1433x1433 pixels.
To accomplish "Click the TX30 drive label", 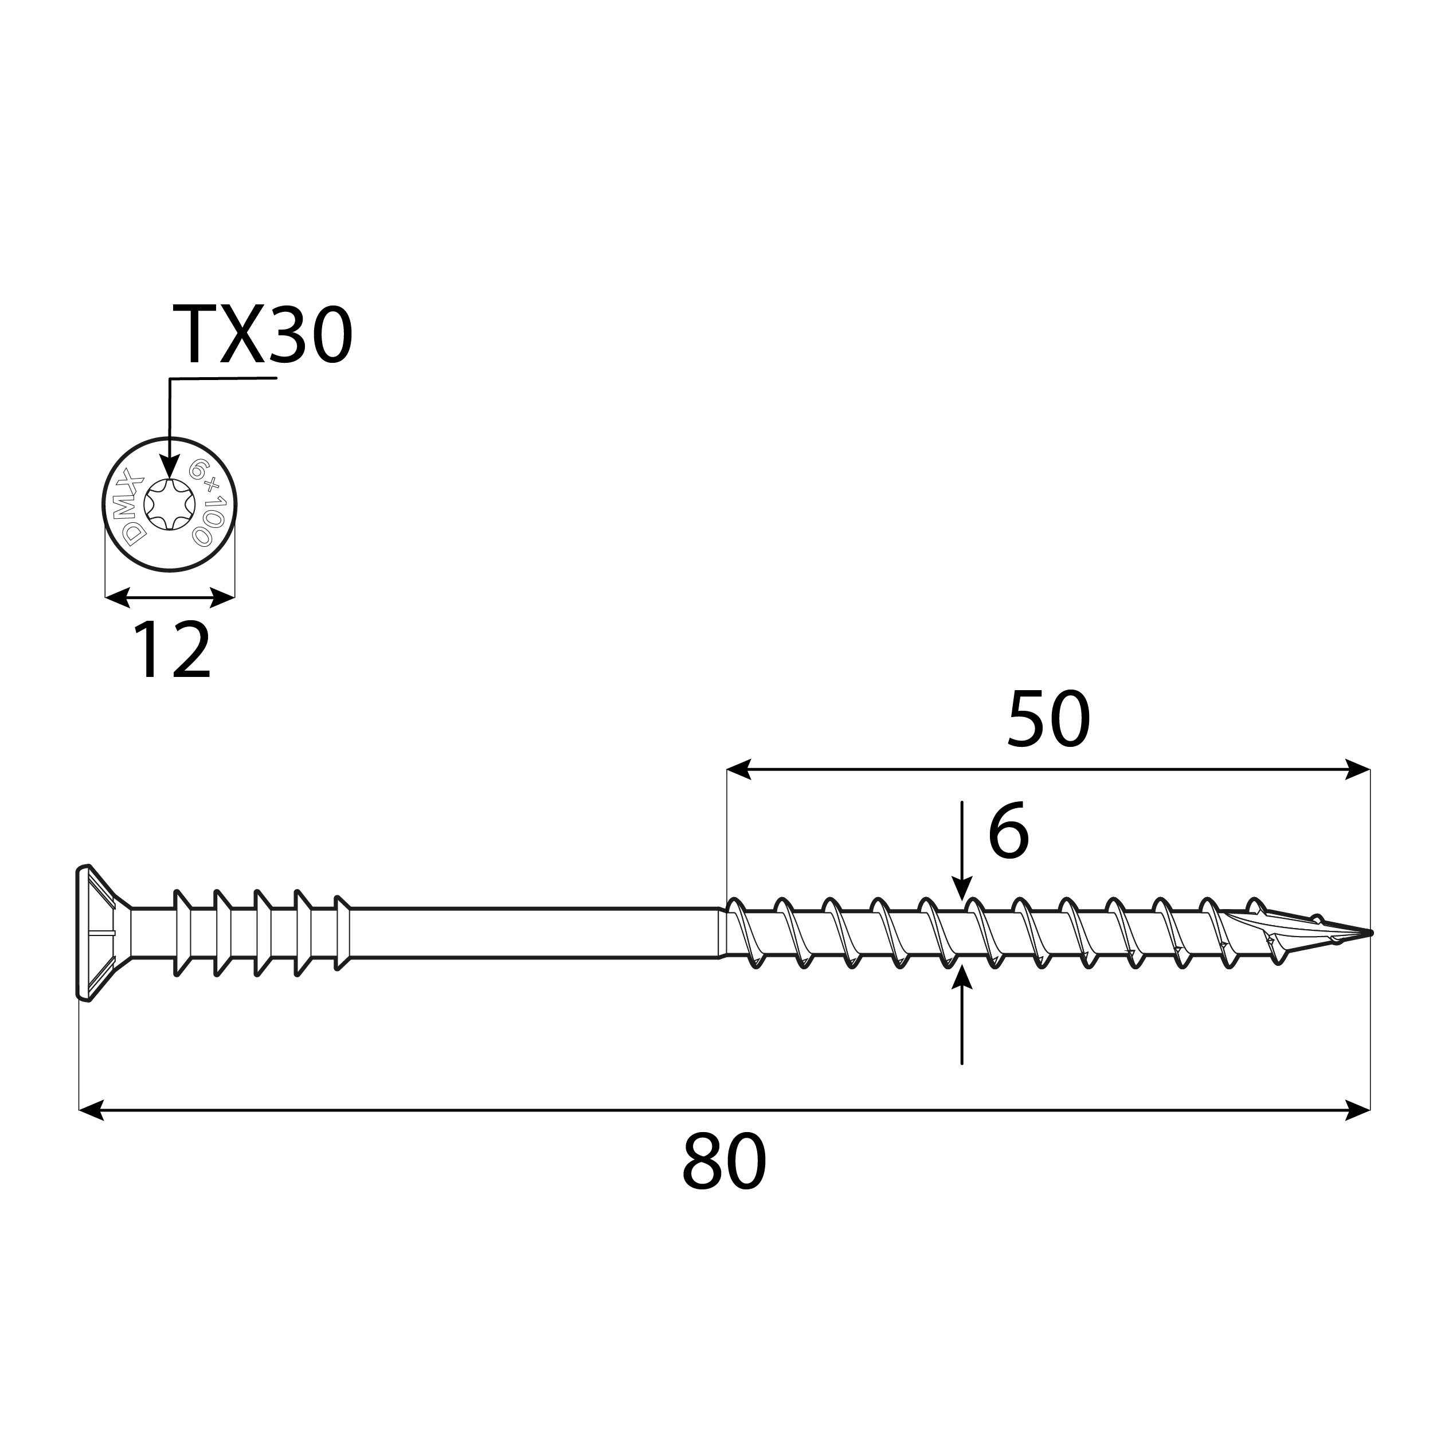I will pos(263,335).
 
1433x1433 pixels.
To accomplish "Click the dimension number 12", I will pos(172,651).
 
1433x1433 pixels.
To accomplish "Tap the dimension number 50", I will pos(1048,719).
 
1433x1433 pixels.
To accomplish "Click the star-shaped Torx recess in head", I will pos(170,504).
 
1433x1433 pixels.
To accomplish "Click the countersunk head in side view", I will pos(95,933).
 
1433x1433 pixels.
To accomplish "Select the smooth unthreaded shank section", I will pos(534,933).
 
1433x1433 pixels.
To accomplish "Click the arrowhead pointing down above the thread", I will pos(962,888).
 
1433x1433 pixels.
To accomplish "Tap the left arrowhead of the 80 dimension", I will pos(91,1110).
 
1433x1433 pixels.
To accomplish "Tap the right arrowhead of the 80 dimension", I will pos(1357,1110).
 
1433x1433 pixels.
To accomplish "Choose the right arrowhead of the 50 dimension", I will pos(1357,769).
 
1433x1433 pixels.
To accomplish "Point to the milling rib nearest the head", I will pos(179,933).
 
